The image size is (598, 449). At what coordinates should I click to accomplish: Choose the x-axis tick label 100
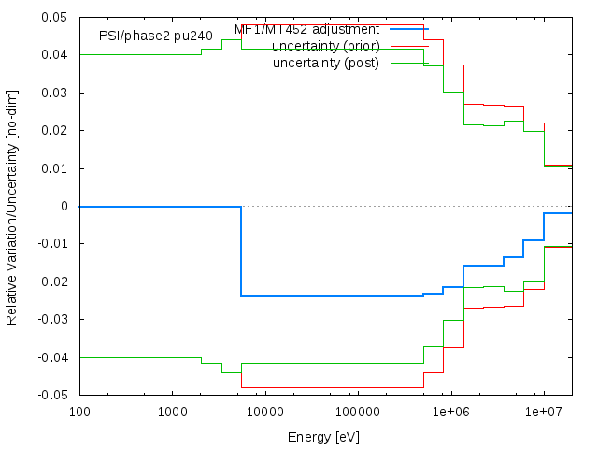[79, 413]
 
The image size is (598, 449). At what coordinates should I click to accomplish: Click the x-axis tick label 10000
[264, 413]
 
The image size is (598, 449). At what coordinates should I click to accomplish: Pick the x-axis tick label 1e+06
[450, 413]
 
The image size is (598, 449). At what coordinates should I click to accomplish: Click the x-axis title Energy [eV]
[323, 437]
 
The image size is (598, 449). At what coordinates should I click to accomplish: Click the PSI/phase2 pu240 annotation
[156, 36]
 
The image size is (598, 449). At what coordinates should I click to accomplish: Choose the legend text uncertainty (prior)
[326, 46]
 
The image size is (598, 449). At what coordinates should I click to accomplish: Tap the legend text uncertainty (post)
[326, 63]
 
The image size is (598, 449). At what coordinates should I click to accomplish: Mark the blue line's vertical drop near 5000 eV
[241, 251]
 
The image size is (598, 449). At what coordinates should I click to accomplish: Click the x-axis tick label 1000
[172, 413]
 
